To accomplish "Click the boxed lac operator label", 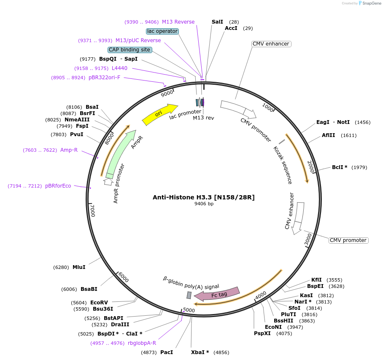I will [x=162, y=31].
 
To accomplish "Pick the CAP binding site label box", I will [x=130, y=50].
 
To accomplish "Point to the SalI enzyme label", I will [x=217, y=22].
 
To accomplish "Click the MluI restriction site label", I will [x=79, y=267].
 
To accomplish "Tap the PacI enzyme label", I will [x=167, y=352].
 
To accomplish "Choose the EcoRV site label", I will [x=99, y=303].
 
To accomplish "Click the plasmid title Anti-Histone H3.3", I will [x=204, y=197].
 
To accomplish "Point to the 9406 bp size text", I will [x=204, y=204].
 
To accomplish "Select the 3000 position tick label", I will [x=308, y=239].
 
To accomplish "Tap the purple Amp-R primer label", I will [x=69, y=150].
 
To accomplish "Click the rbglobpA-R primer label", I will [x=142, y=343].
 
